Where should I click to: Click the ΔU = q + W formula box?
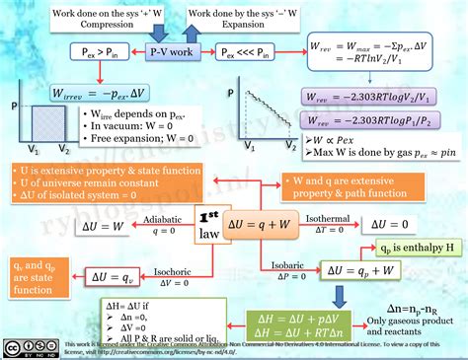pos(262,224)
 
